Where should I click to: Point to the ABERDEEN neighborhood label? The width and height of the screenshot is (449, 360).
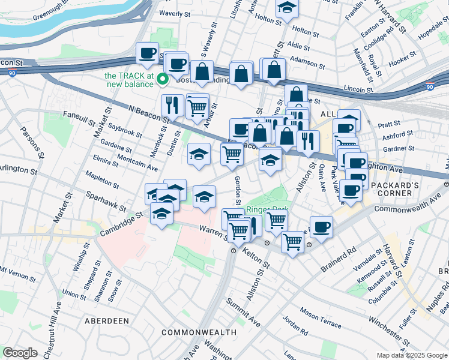(x=107, y=321)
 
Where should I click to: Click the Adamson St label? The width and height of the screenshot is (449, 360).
(x=307, y=60)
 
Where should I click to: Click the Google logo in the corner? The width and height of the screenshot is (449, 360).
(x=20, y=353)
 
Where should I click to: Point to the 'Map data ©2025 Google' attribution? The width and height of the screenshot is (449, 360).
(x=411, y=355)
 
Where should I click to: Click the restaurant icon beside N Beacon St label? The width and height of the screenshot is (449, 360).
(x=172, y=105)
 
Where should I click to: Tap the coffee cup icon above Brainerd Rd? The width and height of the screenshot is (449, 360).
(x=321, y=227)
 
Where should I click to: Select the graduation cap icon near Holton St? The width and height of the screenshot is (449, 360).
(x=287, y=8)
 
